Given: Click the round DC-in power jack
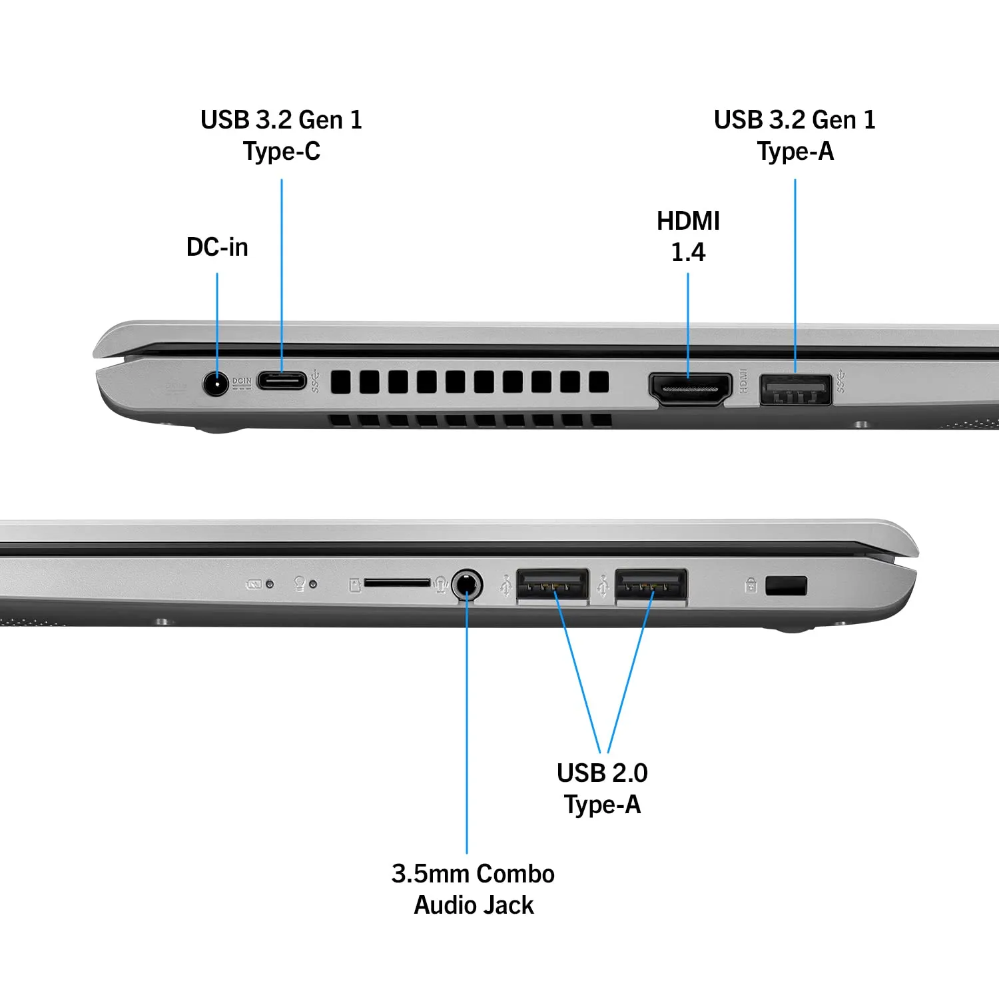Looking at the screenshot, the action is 215,384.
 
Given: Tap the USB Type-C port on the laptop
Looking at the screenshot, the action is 282,381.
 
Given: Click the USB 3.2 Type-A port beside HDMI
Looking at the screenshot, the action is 795,390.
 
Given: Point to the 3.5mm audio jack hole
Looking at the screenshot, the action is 467,585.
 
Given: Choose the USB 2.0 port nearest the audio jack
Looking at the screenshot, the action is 553,586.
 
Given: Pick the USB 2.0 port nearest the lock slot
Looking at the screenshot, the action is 651,586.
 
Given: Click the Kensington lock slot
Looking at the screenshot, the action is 787,586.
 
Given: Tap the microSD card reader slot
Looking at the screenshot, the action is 398,583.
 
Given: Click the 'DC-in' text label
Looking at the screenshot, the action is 217,247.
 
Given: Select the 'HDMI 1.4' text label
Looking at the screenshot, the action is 688,236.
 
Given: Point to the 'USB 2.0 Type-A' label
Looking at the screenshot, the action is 602,789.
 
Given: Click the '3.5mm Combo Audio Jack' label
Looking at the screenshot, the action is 474,889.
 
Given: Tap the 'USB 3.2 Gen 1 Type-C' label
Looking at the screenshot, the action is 282,136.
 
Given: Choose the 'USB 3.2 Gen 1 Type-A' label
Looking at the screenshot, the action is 795,136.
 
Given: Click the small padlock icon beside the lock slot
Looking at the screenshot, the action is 751,585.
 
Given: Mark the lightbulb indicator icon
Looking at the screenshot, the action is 300,584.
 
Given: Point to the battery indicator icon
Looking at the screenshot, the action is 254,585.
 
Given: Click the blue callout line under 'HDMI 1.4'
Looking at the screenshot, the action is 688,325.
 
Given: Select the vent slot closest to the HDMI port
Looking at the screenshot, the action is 599,382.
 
